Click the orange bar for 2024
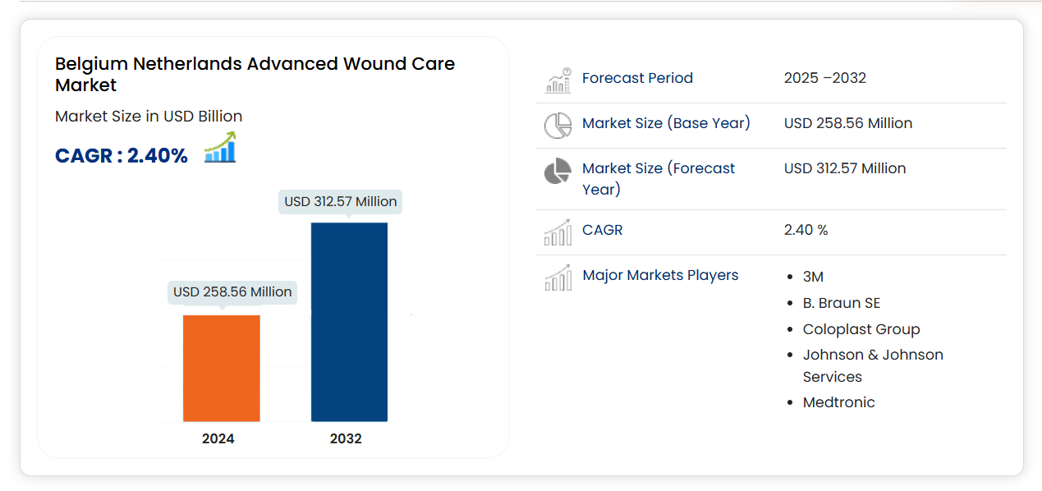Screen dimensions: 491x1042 (x=221, y=368)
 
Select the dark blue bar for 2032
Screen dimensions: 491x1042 (x=349, y=322)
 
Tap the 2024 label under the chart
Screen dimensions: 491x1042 (x=218, y=438)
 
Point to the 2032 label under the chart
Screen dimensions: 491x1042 (x=346, y=438)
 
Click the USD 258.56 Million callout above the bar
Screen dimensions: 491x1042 (x=232, y=291)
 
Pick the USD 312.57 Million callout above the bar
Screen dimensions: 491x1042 (x=341, y=201)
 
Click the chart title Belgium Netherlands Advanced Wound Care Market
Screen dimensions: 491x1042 (x=255, y=74)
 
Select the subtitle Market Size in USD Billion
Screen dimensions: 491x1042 (x=149, y=117)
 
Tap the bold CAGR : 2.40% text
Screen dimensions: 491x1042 (x=122, y=155)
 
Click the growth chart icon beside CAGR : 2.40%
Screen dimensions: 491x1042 (x=220, y=149)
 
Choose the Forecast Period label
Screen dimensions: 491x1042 (x=637, y=78)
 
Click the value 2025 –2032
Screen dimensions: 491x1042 (x=825, y=78)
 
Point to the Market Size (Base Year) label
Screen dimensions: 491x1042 (x=666, y=123)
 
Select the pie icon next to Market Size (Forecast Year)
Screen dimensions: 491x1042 (x=558, y=172)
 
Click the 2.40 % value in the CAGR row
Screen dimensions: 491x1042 (x=806, y=230)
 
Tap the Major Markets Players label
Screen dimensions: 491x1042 (x=660, y=275)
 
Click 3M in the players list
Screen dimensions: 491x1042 (x=813, y=277)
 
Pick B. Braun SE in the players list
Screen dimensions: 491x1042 (x=842, y=303)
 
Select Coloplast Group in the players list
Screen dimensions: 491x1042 (x=861, y=329)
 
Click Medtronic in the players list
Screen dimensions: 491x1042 (x=839, y=402)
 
